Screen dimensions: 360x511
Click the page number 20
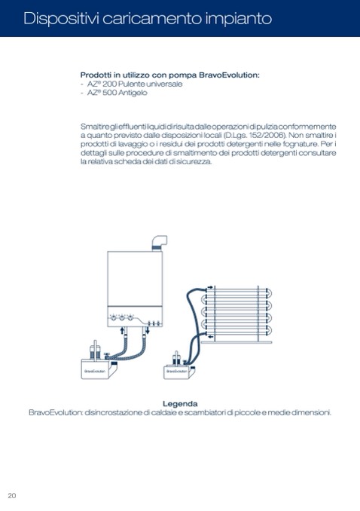12,496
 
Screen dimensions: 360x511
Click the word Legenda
180,404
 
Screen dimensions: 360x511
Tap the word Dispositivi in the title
62,19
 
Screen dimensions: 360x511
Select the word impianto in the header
239,19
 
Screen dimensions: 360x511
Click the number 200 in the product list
109,84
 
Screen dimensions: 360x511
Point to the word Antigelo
133,93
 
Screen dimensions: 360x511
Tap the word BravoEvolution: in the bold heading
230,75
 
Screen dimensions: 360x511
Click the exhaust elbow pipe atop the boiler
160,242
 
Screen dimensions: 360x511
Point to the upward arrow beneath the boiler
123,330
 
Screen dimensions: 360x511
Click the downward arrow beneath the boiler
148,330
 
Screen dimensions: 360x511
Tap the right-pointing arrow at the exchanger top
210,287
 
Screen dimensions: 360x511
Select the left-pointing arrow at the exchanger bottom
211,337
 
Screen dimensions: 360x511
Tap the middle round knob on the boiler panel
121,318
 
